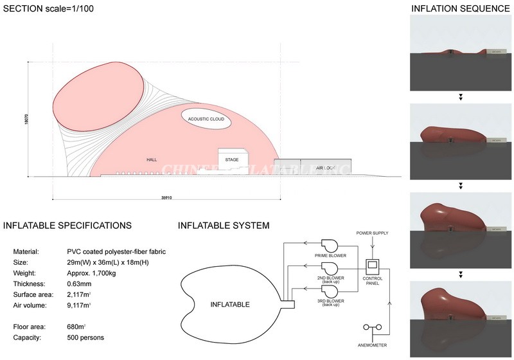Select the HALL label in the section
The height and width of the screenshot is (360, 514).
152,159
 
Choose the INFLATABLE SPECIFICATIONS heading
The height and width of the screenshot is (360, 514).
67,226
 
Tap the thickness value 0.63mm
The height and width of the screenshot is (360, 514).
80,283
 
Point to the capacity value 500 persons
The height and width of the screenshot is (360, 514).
85,337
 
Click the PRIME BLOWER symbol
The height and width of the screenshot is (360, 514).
330,244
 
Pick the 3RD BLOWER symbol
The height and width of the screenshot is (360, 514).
330,288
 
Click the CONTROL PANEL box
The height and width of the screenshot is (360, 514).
372,265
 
